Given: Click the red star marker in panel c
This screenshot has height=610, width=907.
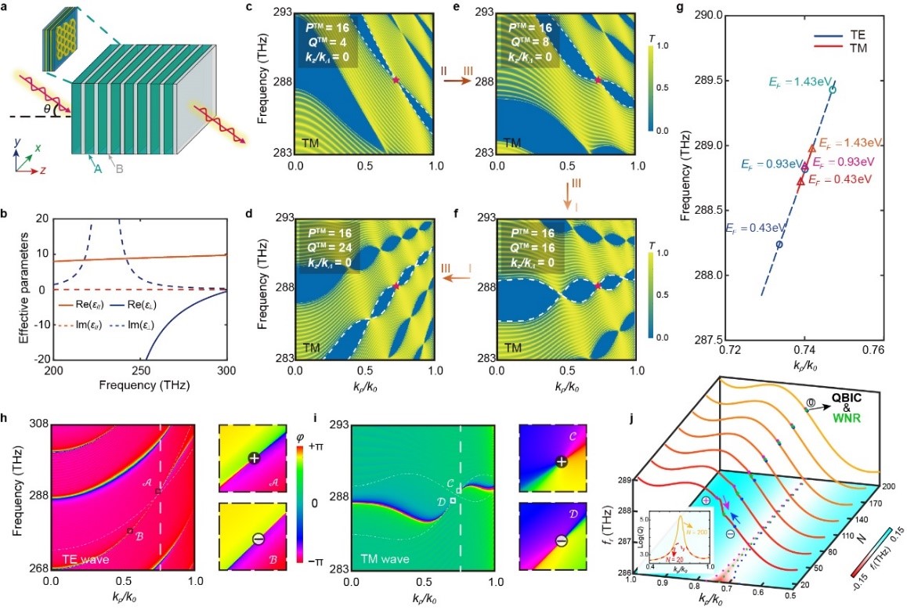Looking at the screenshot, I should [396, 80].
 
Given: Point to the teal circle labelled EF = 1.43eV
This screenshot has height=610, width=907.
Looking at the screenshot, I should [833, 90].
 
